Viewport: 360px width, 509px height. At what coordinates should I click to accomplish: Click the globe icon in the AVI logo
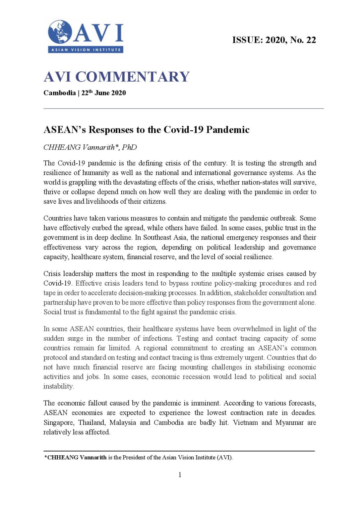click(x=60, y=32)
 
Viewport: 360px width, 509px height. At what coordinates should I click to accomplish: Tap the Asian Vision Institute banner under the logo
click(x=86, y=50)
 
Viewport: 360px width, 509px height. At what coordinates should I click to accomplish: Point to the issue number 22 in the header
click(x=311, y=40)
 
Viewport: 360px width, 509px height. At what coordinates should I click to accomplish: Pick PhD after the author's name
click(x=129, y=147)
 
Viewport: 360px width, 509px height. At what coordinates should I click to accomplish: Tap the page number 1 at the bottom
click(x=180, y=475)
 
